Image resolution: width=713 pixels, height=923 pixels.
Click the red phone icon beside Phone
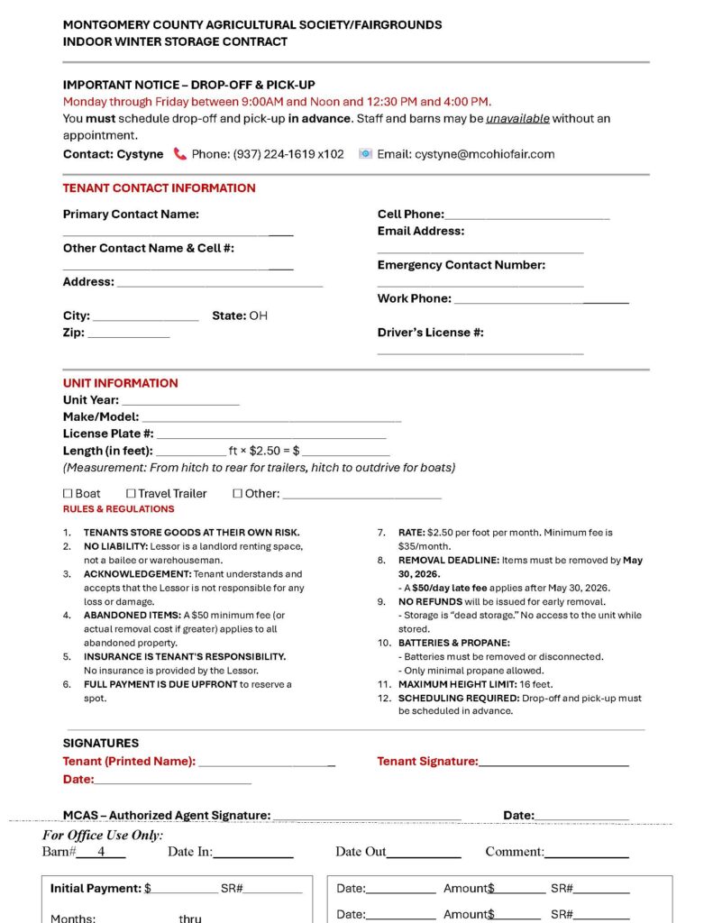pos(180,154)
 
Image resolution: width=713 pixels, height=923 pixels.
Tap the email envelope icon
pos(365,154)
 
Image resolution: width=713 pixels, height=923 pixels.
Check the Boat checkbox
pos(68,494)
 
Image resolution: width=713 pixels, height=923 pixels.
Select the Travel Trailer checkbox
pos(131,494)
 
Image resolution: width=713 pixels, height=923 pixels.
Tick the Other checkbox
pos(238,494)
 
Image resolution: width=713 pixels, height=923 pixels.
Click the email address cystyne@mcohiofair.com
pos(484,154)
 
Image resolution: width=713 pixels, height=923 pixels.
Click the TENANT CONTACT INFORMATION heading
pos(159,188)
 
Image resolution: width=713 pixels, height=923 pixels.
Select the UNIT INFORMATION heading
pos(120,383)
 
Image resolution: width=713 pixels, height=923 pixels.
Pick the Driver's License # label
pos(430,333)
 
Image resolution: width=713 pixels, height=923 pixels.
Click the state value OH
pos(259,316)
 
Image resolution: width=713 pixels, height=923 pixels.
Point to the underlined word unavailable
pos(517,119)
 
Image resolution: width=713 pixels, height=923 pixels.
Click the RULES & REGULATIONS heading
pos(118,509)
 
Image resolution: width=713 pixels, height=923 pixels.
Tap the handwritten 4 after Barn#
pos(101,852)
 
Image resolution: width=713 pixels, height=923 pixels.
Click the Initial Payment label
pos(95,889)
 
